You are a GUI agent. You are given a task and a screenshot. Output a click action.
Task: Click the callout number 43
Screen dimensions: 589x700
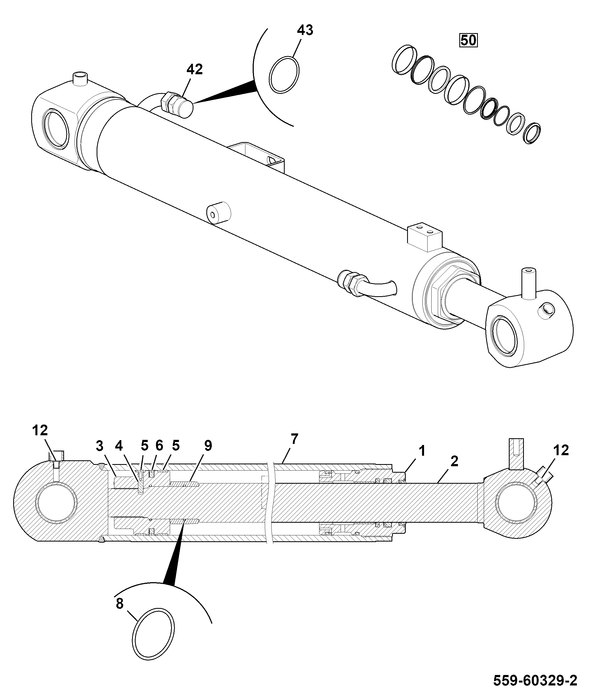pos(305,30)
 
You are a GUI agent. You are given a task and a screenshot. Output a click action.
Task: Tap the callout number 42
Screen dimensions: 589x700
pos(194,69)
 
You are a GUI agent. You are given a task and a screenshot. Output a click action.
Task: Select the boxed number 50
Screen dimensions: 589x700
pos(468,40)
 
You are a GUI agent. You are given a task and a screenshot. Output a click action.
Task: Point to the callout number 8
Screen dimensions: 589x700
pos(119,603)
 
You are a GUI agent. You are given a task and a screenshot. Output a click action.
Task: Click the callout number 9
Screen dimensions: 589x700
pos(208,445)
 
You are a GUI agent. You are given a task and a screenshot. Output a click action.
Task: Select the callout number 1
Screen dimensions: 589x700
pos(422,451)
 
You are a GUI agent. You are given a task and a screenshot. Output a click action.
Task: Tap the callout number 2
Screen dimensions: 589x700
pos(454,461)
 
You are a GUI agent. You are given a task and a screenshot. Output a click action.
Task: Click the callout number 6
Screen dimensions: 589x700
pos(159,445)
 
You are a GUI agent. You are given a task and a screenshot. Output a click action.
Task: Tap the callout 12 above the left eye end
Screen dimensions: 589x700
pos(40,431)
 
